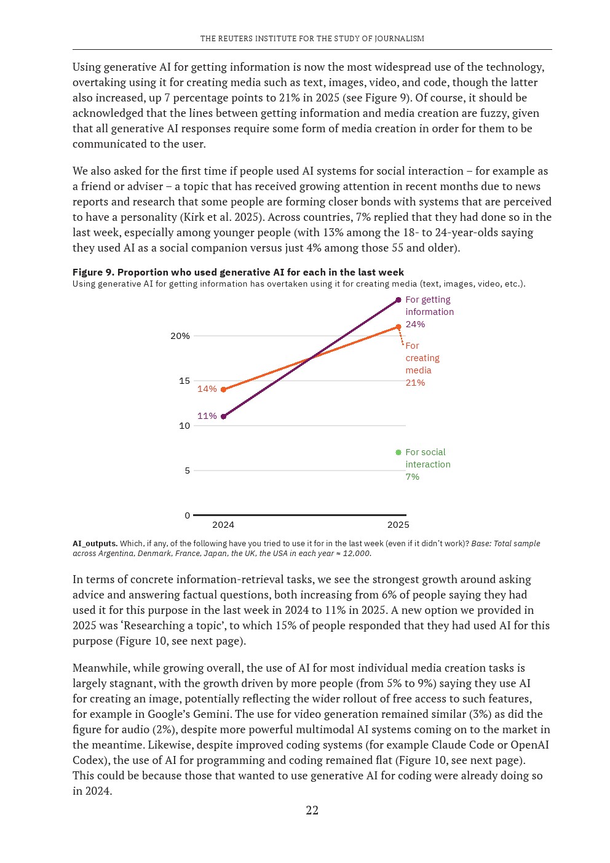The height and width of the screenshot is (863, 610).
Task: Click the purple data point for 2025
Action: coord(398,300)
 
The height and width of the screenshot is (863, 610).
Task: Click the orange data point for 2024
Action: coord(223,389)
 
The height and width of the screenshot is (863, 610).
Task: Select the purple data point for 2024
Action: coord(223,416)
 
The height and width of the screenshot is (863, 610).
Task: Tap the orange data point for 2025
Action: coord(398,327)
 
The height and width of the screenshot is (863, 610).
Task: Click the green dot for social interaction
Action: coord(398,452)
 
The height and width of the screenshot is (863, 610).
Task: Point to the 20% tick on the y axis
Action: coord(180,336)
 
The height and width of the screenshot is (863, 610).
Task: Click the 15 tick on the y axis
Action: coord(184,381)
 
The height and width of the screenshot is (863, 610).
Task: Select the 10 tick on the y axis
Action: coord(184,426)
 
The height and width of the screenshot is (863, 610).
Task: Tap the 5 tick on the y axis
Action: coord(187,471)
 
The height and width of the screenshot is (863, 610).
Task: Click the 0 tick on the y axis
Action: coord(187,515)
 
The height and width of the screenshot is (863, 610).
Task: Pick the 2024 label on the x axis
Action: coord(223,525)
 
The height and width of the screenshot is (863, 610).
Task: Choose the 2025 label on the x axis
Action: coord(398,525)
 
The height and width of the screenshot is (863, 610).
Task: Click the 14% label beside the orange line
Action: coord(207,389)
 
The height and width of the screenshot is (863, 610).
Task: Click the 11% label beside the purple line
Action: coord(207,416)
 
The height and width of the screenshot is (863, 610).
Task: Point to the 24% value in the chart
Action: coord(415,324)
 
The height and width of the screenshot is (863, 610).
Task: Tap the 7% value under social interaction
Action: coord(413,477)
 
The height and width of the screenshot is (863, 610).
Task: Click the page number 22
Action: coord(312,810)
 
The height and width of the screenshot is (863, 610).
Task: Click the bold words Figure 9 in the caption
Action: coord(92,272)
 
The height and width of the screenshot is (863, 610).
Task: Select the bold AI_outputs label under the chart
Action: coord(95,543)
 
